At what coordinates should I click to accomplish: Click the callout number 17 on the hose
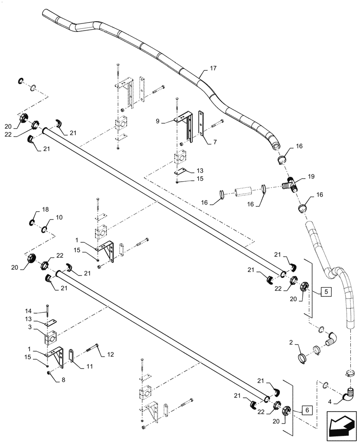pos(213,68)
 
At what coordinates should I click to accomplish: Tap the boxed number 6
pos(308,410)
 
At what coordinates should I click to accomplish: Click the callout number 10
pos(59,217)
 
